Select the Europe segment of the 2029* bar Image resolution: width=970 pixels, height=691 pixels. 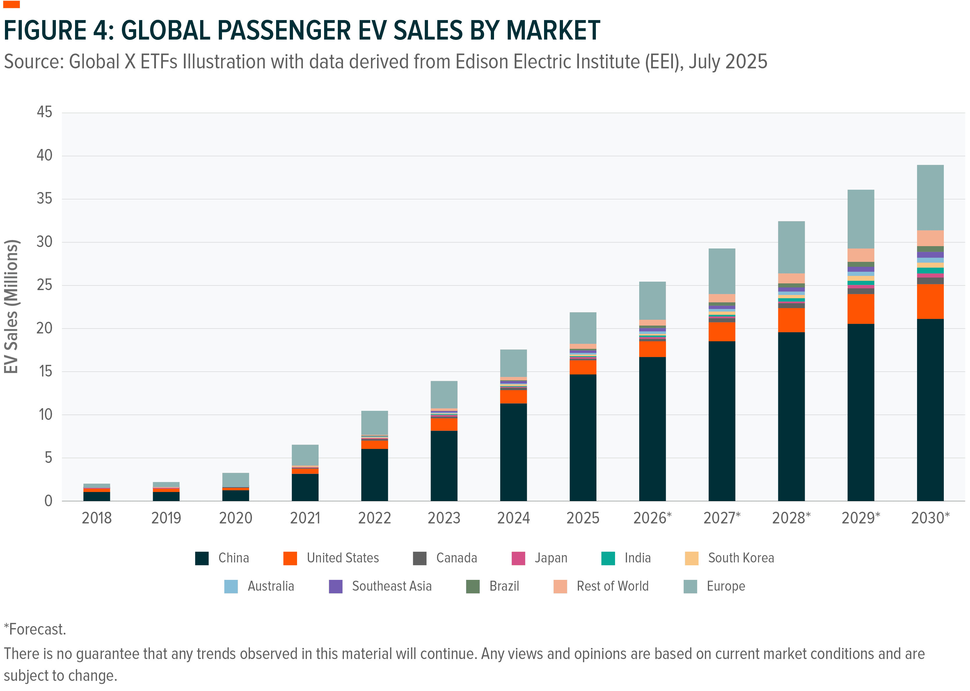(x=861, y=219)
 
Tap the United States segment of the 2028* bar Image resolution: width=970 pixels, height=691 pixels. (x=791, y=320)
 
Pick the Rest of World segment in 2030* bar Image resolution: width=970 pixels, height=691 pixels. (x=930, y=238)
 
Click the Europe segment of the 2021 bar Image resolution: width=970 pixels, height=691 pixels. (x=305, y=455)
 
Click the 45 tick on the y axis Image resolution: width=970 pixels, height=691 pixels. (x=44, y=112)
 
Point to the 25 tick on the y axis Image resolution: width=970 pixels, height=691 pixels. (x=44, y=285)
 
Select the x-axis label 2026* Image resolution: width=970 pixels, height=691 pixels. (x=652, y=518)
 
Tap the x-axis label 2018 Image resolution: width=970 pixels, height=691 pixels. (x=97, y=518)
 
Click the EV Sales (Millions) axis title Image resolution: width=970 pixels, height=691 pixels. (x=11, y=307)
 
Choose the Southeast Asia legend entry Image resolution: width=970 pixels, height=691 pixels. (x=391, y=586)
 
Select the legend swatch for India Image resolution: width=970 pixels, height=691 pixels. (x=608, y=558)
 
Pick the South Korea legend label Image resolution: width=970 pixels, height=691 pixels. (x=741, y=558)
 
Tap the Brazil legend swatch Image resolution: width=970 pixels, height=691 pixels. (x=473, y=586)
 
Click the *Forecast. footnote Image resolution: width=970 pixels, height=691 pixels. (x=35, y=629)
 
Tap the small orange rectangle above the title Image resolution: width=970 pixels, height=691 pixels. (x=11, y=4)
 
